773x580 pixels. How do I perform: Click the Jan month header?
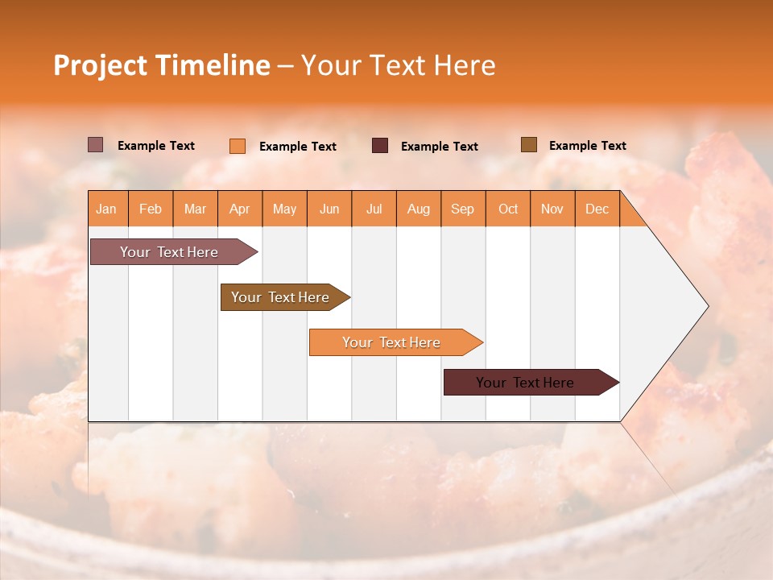[107, 209]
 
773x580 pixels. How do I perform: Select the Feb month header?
[151, 209]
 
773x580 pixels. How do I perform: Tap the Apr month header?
[240, 209]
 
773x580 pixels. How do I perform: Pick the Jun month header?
[329, 209]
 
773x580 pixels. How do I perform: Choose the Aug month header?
[419, 209]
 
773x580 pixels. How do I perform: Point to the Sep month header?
[463, 209]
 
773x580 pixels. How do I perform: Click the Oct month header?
[508, 209]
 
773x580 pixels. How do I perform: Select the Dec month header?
[597, 209]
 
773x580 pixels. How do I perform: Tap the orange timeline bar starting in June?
[392, 342]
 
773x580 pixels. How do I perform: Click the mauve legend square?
[96, 145]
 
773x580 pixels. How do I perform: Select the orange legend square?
[238, 146]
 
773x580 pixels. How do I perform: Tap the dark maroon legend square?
[380, 146]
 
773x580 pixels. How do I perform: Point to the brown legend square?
[529, 145]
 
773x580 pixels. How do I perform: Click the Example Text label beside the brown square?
[587, 146]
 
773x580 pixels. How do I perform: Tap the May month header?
[284, 209]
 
